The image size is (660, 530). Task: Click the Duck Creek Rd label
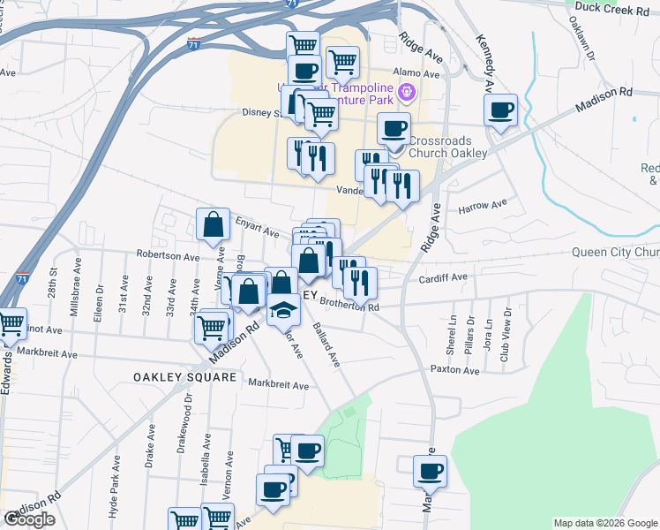[x=611, y=6]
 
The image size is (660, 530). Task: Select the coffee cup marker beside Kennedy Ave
[x=501, y=110]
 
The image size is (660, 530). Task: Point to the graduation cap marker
[x=283, y=312]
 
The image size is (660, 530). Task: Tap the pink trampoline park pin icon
[x=406, y=90]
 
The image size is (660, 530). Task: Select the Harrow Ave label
[x=483, y=205]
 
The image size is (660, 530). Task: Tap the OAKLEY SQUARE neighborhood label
[x=185, y=377]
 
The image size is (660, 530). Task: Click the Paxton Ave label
[x=454, y=370]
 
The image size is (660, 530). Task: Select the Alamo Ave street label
[x=410, y=72]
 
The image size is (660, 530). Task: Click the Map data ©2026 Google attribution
[x=604, y=523]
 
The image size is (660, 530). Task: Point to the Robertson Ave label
[x=168, y=255]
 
